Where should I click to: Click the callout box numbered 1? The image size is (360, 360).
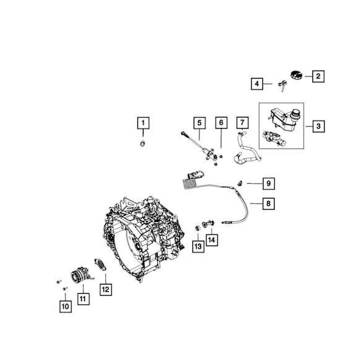pos(144,123)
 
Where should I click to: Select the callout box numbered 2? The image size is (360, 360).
pos(318,76)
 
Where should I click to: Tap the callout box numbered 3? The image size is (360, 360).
pos(319,126)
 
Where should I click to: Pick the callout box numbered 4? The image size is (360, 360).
pos(257,84)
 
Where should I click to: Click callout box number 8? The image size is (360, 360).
pos(268,204)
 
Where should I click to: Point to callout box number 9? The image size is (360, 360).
pos(268,184)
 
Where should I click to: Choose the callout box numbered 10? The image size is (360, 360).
pos(66,306)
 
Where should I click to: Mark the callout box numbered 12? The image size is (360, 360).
pos(106,289)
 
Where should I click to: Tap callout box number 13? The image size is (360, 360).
pos(198,247)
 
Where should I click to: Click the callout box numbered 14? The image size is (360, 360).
pos(212,240)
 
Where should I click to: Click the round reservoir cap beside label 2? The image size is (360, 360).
pos(296,75)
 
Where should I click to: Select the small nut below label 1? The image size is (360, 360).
pos(142,144)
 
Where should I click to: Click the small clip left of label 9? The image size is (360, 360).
pos(240,183)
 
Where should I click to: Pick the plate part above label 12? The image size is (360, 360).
pos(101,264)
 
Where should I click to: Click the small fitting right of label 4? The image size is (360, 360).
pos(283,85)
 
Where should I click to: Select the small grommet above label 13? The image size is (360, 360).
pos(197,228)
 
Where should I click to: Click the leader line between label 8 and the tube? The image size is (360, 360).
pos(256,204)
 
